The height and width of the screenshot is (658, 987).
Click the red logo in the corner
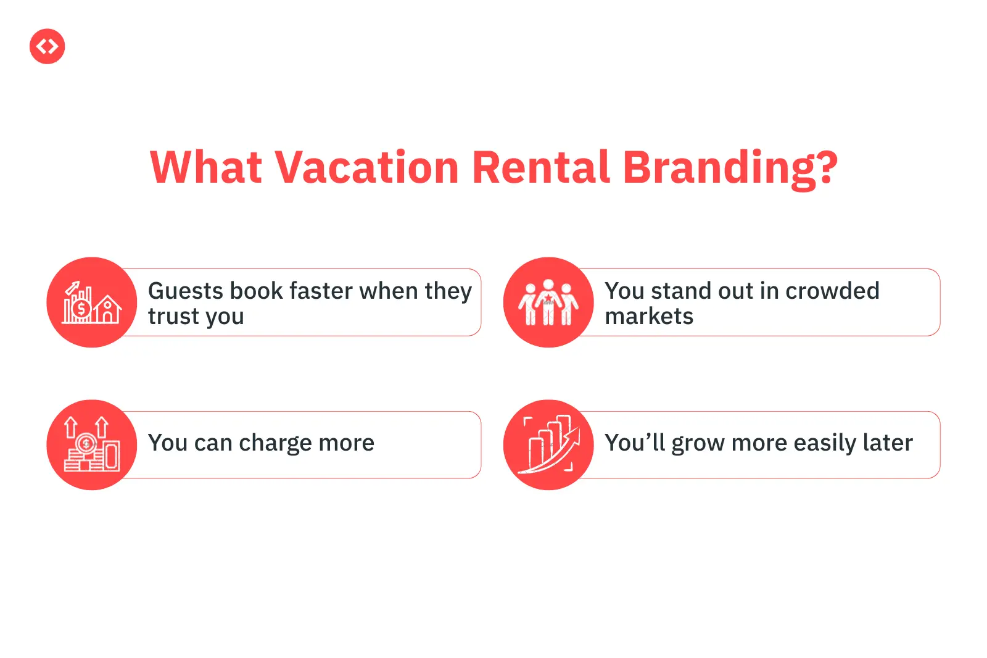click(x=47, y=46)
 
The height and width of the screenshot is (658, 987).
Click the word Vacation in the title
click(x=366, y=167)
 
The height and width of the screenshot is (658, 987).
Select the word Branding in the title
click(x=730, y=169)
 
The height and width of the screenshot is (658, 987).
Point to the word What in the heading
click(x=206, y=167)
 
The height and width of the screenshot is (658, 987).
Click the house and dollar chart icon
click(x=91, y=302)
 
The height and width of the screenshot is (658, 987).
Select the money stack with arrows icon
click(x=92, y=444)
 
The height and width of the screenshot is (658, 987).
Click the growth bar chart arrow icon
click(x=548, y=444)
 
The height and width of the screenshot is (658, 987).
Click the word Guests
click(x=186, y=291)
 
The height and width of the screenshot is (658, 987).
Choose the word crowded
click(x=832, y=291)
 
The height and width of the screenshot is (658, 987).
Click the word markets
click(x=649, y=316)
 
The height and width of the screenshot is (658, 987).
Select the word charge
click(x=275, y=444)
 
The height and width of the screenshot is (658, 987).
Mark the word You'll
click(x=635, y=443)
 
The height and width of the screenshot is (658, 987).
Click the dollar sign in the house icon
click(x=81, y=309)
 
